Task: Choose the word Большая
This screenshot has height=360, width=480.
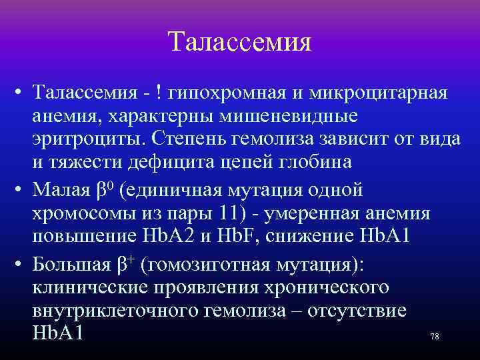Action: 75,265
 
